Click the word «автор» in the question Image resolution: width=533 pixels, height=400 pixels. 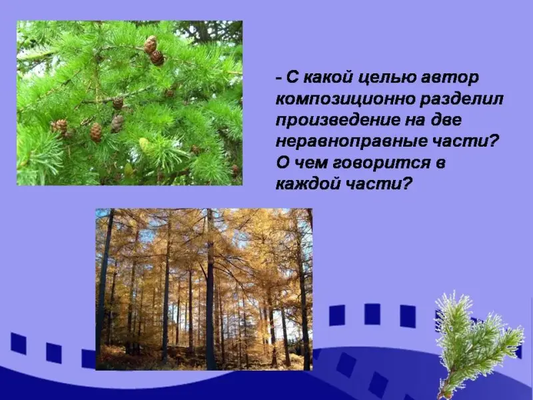(450, 78)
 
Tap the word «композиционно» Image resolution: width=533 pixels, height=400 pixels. (344, 99)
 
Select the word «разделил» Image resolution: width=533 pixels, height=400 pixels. (461, 99)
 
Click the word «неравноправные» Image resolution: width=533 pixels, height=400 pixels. (348, 142)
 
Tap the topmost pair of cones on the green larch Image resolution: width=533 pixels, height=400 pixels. (154, 51)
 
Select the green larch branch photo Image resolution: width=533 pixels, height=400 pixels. (129, 103)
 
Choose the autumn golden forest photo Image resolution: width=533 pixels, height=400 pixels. (204, 289)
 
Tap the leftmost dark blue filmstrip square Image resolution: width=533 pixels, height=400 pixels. (19, 343)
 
